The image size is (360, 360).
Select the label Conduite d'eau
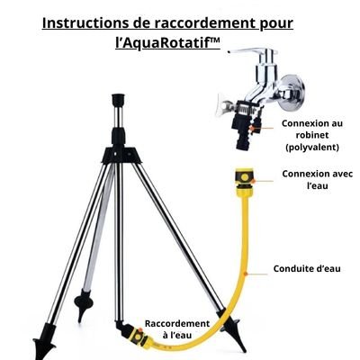307,268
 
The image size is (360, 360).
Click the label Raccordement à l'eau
177,329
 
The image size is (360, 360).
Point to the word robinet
312,135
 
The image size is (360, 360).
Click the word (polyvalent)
312,148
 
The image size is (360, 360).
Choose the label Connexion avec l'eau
317,180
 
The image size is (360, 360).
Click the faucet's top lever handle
253,52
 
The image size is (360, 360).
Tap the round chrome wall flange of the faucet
292,91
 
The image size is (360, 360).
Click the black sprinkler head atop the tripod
118,100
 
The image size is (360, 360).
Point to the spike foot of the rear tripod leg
82,304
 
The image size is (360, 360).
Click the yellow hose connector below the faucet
245,183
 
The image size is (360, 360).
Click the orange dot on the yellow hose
246,274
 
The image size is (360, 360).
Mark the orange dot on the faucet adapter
252,129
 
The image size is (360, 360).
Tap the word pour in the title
275,24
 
